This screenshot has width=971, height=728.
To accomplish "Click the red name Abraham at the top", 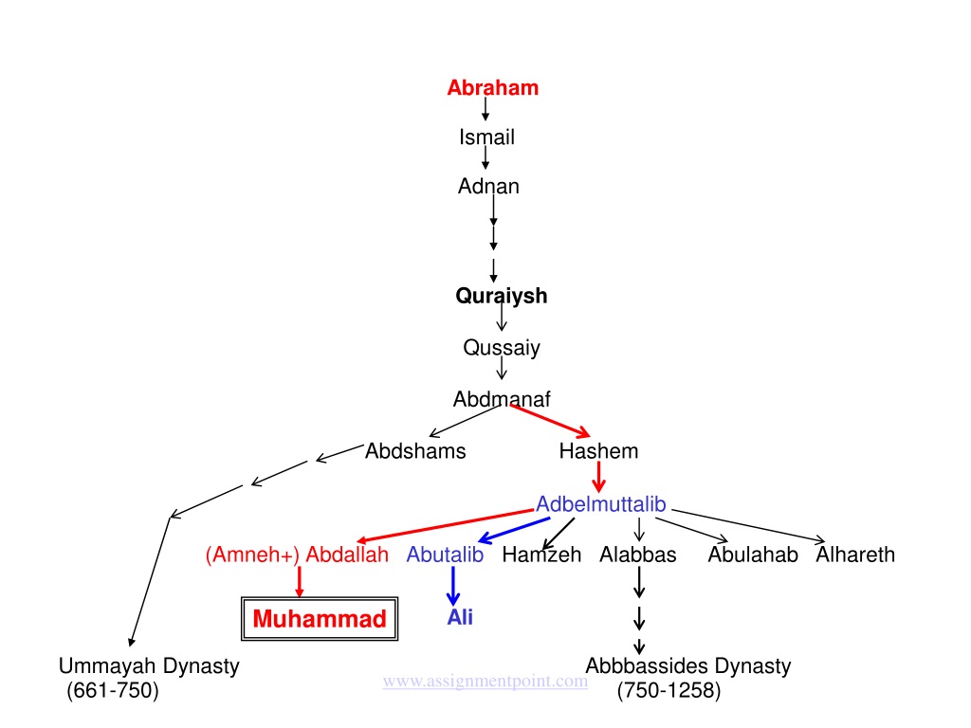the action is click(x=493, y=88).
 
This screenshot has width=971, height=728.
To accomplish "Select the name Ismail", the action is click(x=486, y=136).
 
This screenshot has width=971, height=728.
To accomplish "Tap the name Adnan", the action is click(x=488, y=186).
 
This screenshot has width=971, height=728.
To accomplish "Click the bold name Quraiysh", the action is click(x=502, y=296).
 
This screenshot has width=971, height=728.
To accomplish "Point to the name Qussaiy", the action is click(x=502, y=348).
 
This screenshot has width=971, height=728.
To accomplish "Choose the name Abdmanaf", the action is click(x=502, y=399).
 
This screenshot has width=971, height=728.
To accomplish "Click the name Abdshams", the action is click(x=415, y=450).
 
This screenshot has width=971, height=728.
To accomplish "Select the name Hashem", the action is click(x=599, y=450).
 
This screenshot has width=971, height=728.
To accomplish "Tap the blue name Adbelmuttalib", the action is click(x=600, y=504).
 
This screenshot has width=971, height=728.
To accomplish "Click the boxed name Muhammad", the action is click(x=320, y=618).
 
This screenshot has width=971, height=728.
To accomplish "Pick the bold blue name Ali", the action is click(x=460, y=617).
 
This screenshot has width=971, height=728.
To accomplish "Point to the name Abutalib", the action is click(x=445, y=554).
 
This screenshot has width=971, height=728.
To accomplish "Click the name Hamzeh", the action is click(x=541, y=554).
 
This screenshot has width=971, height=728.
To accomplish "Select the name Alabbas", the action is click(x=638, y=554).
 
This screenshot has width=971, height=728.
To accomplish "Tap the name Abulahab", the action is click(x=753, y=554).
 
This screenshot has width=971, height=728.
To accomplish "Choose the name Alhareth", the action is click(x=855, y=554).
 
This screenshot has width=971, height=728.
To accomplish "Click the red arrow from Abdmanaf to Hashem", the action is click(x=550, y=421).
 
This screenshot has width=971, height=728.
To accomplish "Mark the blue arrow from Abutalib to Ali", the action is click(x=453, y=586).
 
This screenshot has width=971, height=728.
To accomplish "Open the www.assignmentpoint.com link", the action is click(x=485, y=681).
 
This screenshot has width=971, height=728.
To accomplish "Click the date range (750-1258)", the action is click(x=669, y=690).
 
